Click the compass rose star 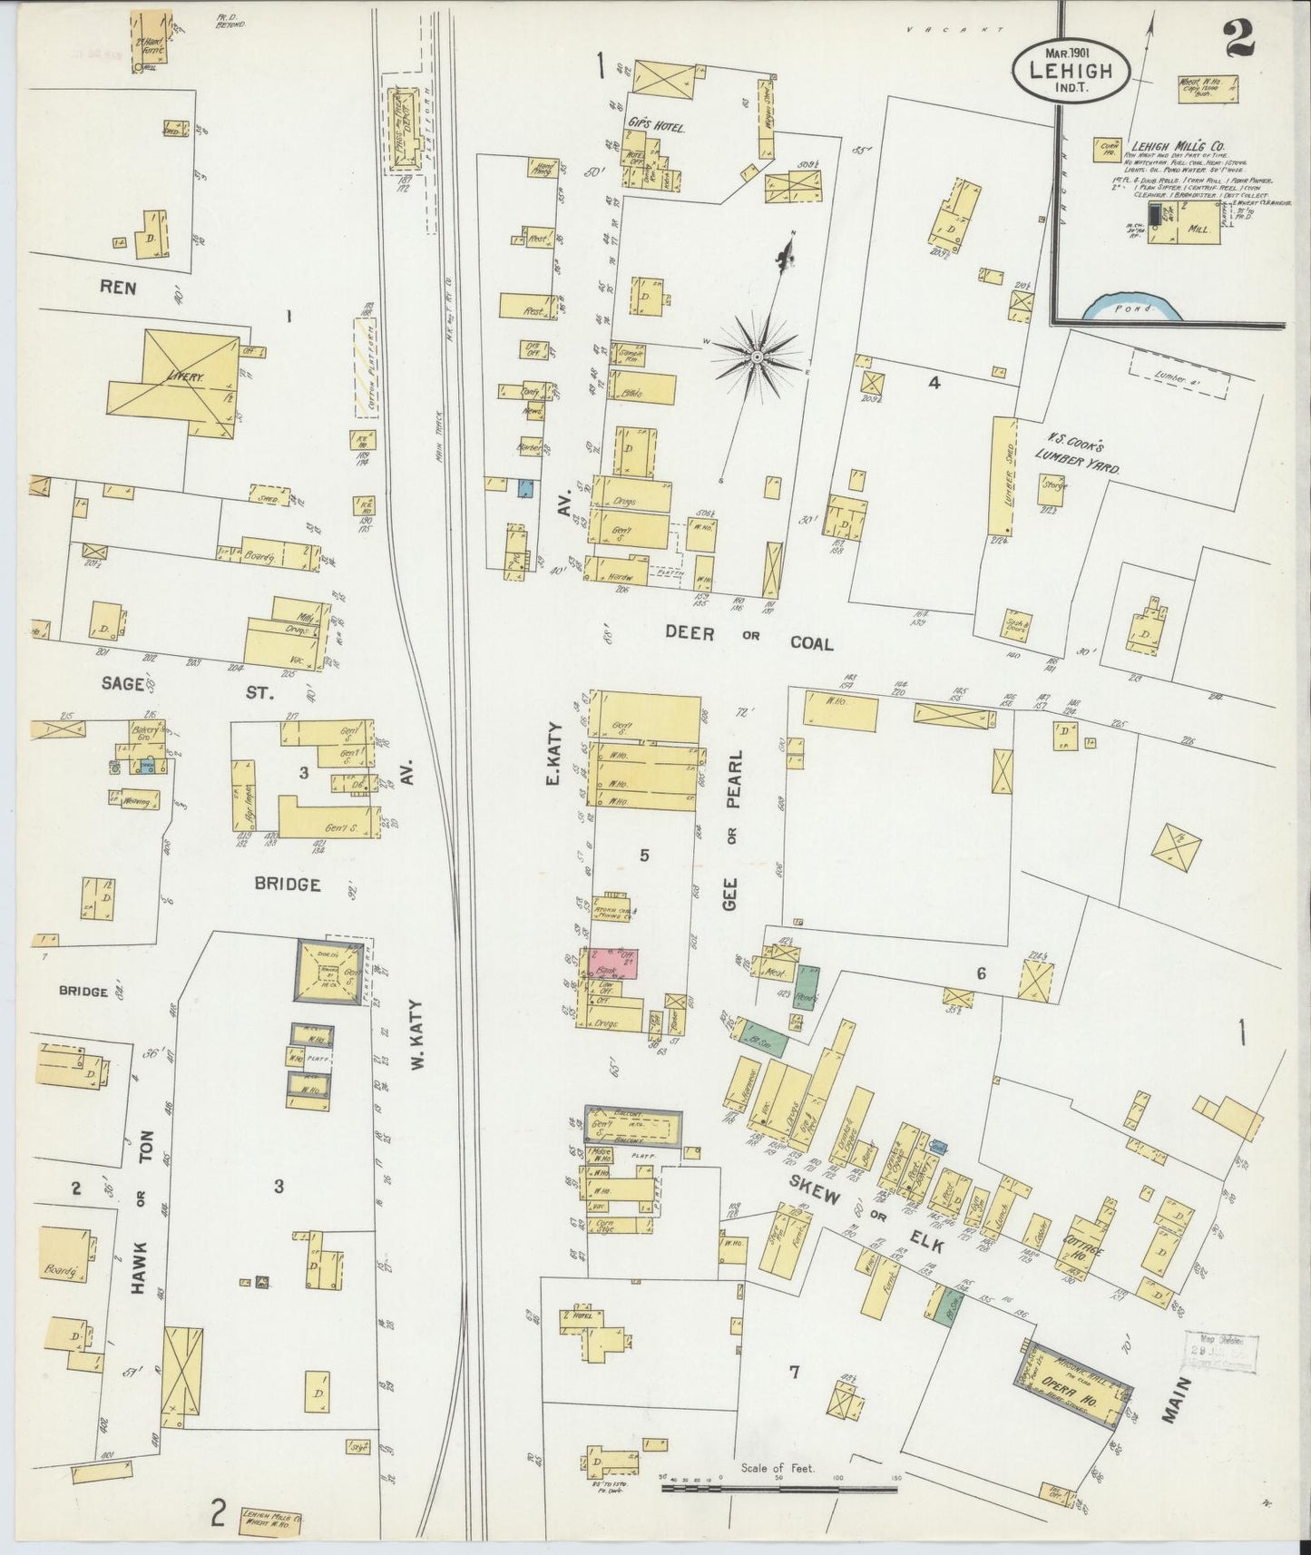coord(757,358)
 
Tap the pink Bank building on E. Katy coord(615,963)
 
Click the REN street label coord(118,287)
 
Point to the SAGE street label coord(123,684)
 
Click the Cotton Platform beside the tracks coord(365,367)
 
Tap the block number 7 coord(794,1373)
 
